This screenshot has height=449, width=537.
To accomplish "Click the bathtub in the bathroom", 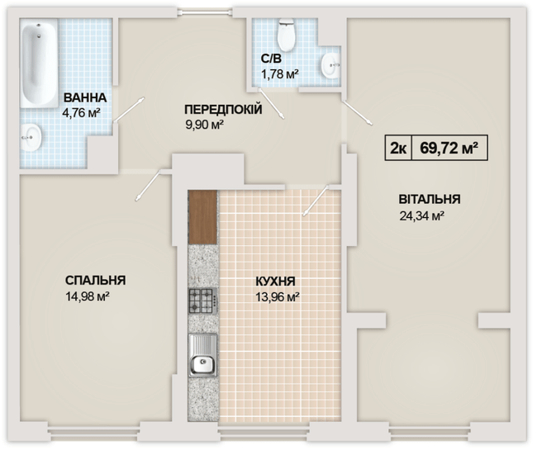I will pos(38,64).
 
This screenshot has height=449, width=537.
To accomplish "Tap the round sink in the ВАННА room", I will pos(31,136).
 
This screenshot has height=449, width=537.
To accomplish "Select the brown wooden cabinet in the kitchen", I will pos(202,217).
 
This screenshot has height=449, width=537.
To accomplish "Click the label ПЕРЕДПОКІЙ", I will pos(223,109).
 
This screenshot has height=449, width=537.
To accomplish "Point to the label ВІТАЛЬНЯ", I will pos(429,199).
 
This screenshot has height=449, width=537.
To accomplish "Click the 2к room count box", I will pos(397,149).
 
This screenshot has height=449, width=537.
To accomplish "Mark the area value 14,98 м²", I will pos(87,296).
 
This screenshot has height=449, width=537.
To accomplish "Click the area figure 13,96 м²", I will pos(276,296).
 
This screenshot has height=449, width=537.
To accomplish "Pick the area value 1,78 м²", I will pos(279,74).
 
